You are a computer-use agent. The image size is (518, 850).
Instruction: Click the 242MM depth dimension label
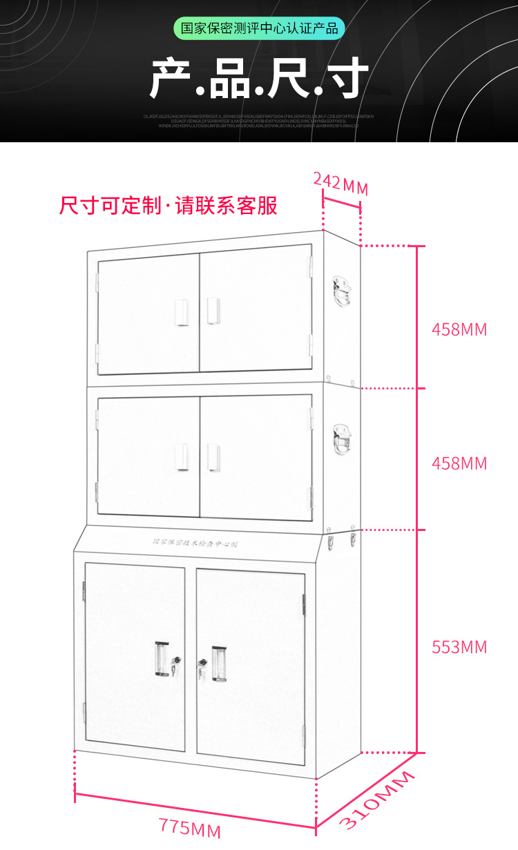[x=340, y=184]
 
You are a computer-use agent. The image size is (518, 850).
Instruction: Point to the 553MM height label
[x=459, y=647]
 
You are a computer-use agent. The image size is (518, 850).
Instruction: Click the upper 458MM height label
[x=459, y=329]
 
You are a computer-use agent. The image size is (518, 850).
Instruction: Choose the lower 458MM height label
[x=459, y=463]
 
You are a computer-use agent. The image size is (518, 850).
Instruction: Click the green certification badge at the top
[x=259, y=29]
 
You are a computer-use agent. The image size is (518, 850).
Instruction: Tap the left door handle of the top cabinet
[x=182, y=312]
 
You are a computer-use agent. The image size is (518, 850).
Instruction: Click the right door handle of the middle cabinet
[x=213, y=458]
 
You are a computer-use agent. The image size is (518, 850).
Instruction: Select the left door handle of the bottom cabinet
[x=162, y=660]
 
